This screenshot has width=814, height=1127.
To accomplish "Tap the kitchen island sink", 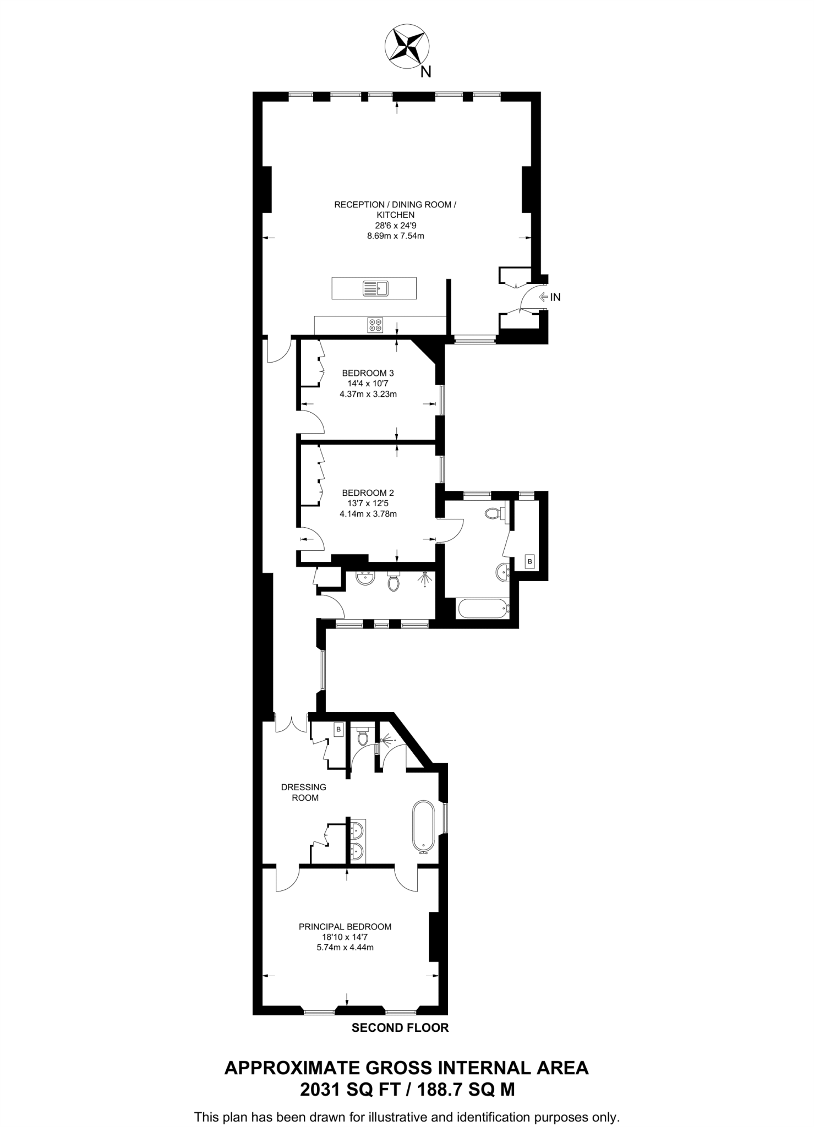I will (376, 288).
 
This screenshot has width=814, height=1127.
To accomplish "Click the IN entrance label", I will (555, 297).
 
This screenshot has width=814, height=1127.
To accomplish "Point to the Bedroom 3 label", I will (368, 373).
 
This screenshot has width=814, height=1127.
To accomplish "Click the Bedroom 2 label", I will (368, 493).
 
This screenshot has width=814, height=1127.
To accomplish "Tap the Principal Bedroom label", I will (345, 927).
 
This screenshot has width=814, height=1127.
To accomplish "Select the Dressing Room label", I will (303, 792).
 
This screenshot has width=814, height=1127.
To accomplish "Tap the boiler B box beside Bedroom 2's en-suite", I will (529, 561).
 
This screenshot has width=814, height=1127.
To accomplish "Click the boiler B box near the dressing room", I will (338, 730).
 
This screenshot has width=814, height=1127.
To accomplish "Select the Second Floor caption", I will (400, 1027).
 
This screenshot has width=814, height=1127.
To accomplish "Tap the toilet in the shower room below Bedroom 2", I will (393, 581).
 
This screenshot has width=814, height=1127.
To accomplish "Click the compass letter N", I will (425, 72).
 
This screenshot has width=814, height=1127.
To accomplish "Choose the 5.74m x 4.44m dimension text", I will (345, 947).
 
